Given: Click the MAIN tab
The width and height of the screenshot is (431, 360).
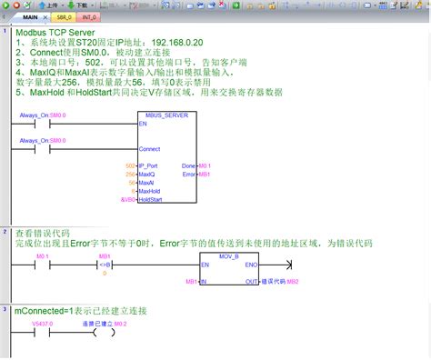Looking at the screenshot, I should pyautogui.click(x=31, y=16).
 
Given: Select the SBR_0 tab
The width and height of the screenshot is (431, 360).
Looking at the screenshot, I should pyautogui.click(x=62, y=16).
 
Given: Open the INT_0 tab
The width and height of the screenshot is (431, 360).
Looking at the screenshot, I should pyautogui.click(x=89, y=16).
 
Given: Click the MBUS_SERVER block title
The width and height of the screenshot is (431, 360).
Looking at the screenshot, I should pyautogui.click(x=167, y=115).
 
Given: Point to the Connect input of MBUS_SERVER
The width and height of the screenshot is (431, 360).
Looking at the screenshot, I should pyautogui.click(x=149, y=148).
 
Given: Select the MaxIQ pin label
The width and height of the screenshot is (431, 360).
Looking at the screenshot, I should pyautogui.click(x=147, y=174).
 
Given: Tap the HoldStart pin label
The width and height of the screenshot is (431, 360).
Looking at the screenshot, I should pyautogui.click(x=150, y=199).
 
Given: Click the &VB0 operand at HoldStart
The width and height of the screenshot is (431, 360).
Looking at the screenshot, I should pyautogui.click(x=127, y=199).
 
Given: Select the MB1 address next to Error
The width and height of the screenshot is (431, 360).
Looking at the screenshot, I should pyautogui.click(x=205, y=174).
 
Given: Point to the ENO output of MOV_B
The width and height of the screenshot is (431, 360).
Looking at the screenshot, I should pyautogui.click(x=251, y=265).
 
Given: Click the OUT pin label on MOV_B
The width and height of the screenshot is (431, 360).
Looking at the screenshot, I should pyautogui.click(x=251, y=282).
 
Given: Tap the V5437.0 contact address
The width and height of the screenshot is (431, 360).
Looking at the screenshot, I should pyautogui.click(x=42, y=324).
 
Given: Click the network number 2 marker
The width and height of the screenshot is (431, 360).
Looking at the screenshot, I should pyautogui.click(x=6, y=233).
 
